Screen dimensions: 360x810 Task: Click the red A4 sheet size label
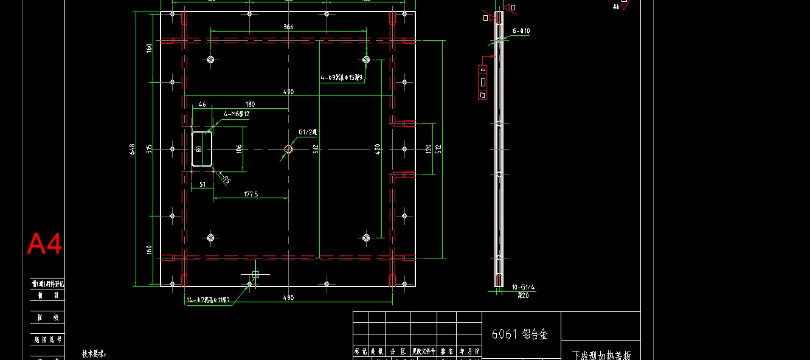pos(44,244)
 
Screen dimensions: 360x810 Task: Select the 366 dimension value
pos(288,27)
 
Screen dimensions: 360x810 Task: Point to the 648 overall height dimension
pos(133,148)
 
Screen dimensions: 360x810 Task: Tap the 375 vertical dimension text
pos(149,148)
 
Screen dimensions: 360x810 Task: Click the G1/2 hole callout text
pos(308,132)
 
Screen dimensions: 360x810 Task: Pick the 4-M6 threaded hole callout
pos(237,114)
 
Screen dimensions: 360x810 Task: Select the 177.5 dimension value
pos(250,194)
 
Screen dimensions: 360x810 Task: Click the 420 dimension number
pos(377,148)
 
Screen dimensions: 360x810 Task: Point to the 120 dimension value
pos(428,148)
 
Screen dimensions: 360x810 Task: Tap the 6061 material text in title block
pos(519,334)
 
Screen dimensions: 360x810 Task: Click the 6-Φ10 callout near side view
pos(521,30)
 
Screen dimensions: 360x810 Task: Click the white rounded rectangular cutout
pos(202,148)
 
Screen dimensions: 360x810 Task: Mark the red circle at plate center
pos(288,149)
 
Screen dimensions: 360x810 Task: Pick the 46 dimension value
pos(202,105)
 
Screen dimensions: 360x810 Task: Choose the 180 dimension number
pos(250,105)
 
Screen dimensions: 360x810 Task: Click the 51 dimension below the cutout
pos(202,184)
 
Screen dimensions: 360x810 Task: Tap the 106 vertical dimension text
pos(240,148)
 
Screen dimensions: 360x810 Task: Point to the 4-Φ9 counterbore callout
pos(342,78)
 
